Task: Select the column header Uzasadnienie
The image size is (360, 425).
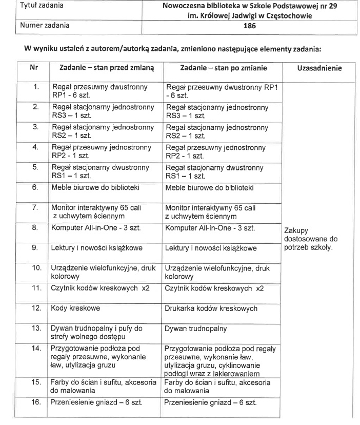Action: [319, 68]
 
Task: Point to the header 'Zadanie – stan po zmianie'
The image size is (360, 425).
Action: [220, 68]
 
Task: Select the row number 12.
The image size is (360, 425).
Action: [36, 309]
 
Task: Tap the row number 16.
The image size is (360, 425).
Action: [36, 402]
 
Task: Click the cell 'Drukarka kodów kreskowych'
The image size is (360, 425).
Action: [211, 309]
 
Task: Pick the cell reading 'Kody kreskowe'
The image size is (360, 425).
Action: [75, 309]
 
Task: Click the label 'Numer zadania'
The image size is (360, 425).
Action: [44, 25]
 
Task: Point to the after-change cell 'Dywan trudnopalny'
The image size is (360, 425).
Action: [195, 329]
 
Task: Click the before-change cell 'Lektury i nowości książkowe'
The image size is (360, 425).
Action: [96, 248]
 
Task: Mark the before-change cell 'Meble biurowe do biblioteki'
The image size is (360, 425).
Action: [95, 188]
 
